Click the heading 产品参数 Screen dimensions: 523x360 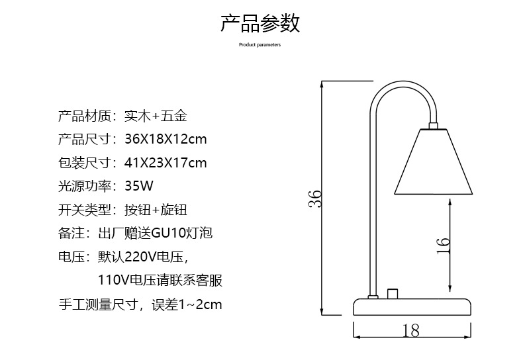coord(260,22)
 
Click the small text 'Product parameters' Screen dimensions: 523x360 coord(260,45)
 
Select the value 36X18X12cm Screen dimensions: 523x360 coord(166,140)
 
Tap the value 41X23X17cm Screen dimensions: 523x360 coord(166,163)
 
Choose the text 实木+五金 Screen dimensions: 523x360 coord(156,116)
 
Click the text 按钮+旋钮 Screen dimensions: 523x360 coord(156,210)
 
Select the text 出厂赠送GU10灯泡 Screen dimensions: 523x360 coord(155,234)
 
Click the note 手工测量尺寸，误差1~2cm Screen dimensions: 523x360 coord(140,304)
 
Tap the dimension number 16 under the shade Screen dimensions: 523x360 coord(444,245)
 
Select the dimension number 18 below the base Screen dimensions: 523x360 coord(411,330)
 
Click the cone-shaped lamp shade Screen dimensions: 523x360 coord(434,162)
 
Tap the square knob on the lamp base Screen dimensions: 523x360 coord(393,293)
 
